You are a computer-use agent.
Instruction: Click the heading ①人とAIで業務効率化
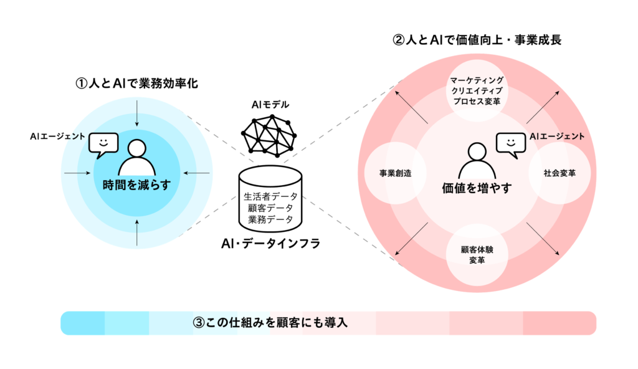[136, 83]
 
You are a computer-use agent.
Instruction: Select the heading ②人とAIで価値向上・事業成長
[477, 41]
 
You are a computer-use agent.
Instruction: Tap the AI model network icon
[270, 135]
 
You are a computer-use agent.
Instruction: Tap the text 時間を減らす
[136, 184]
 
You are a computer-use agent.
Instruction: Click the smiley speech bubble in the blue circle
[103, 144]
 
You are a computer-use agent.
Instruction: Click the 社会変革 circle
[559, 173]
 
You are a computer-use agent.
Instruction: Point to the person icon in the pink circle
[477, 160]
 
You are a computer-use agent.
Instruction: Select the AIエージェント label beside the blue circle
[58, 135]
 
